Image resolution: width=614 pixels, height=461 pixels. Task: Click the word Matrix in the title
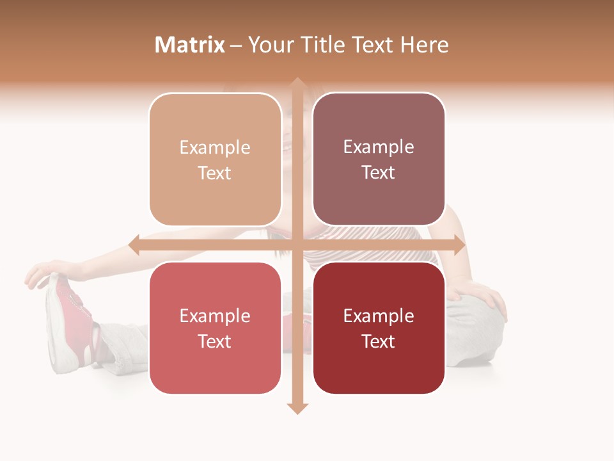[189, 45]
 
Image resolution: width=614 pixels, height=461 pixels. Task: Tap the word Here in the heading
[424, 45]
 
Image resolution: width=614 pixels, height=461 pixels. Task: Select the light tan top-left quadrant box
[215, 159]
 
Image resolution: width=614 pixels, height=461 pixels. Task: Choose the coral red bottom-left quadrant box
[215, 328]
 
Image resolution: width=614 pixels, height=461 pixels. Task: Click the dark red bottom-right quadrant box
[379, 328]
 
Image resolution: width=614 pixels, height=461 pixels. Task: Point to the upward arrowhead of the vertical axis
[297, 83]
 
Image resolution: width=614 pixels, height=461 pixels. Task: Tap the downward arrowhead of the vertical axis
[297, 408]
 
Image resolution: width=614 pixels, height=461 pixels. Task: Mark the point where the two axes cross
[297, 245]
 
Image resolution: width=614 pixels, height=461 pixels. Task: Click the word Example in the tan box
[215, 147]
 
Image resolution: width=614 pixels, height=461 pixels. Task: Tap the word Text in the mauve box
[379, 172]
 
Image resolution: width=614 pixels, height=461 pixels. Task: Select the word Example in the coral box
[215, 316]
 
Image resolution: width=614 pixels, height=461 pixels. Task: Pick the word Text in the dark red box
[379, 341]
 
